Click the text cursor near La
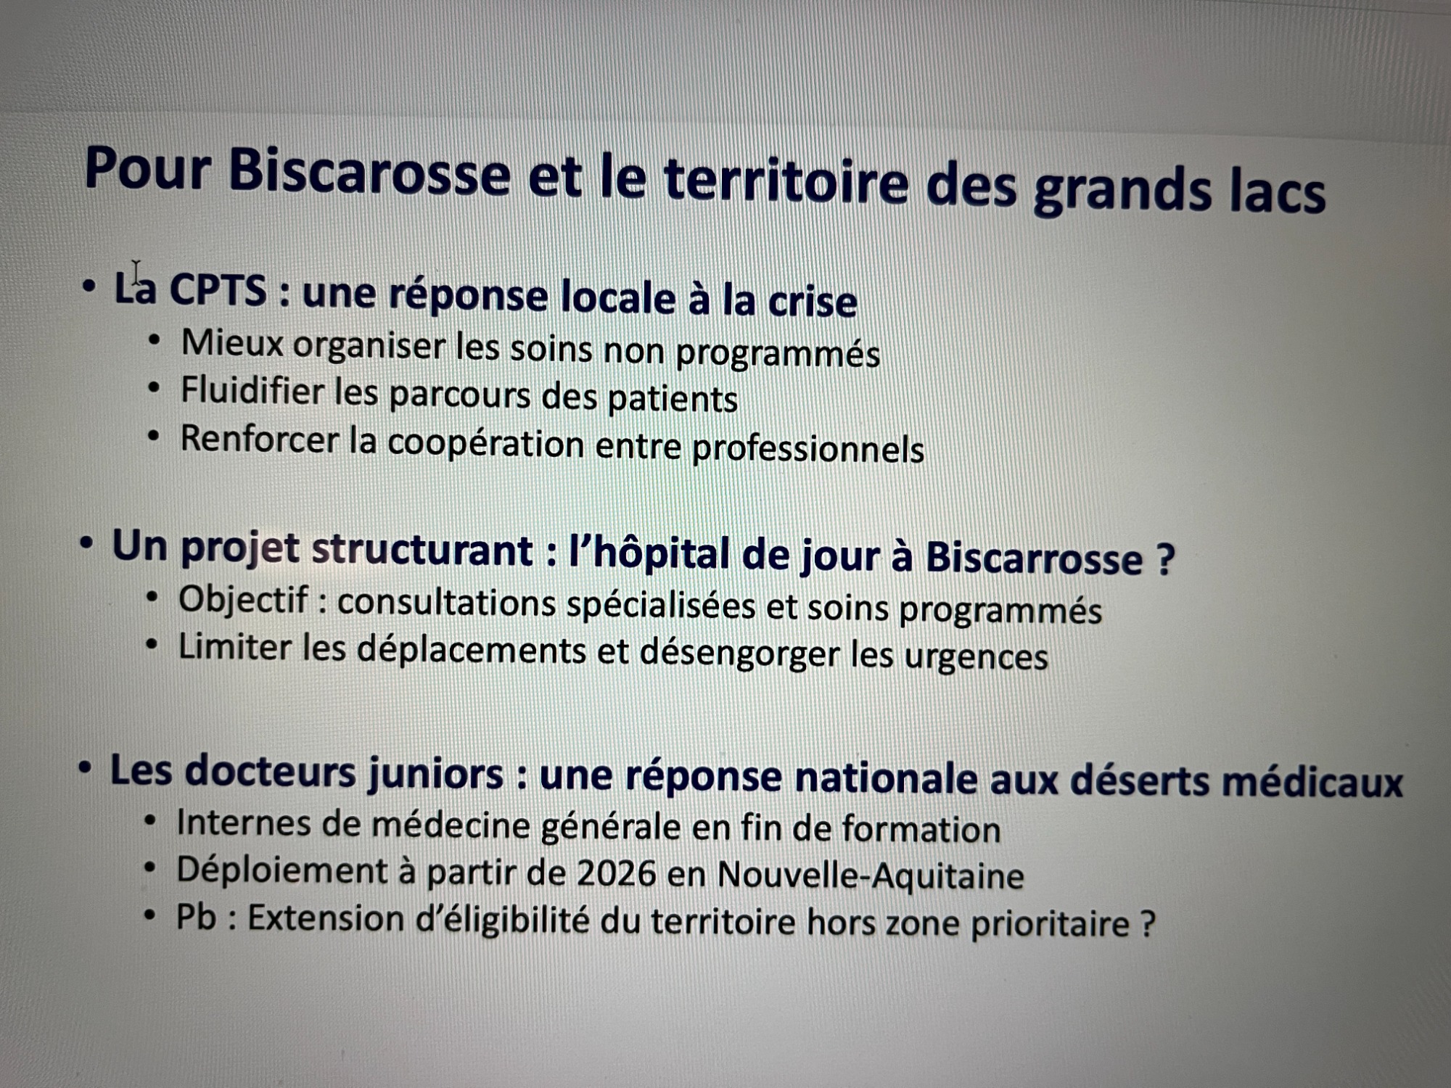point(136,273)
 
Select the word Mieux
point(232,342)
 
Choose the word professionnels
point(808,450)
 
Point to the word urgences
point(975,657)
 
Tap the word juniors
point(435,773)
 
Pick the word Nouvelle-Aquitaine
point(871,875)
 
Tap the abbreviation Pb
point(197,918)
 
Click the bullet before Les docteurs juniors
point(86,768)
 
